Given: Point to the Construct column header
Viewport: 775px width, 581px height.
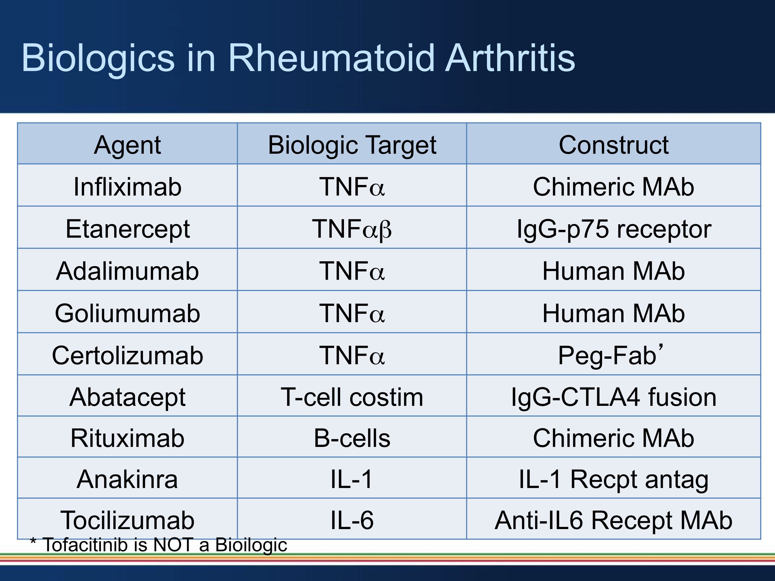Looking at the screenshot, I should click(x=613, y=145).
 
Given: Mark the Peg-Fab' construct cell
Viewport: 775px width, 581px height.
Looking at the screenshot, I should click(x=610, y=355).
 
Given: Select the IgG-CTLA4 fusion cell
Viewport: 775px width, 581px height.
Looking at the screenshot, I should click(x=613, y=397).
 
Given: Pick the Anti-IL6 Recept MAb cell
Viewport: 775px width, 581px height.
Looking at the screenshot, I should click(x=613, y=520).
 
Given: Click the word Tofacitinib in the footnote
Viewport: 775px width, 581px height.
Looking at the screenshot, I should click(x=85, y=545).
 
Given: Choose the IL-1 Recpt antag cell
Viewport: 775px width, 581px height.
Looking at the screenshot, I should click(x=613, y=479).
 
